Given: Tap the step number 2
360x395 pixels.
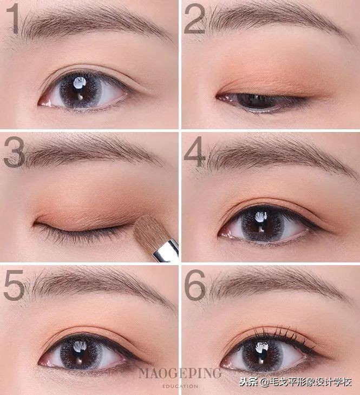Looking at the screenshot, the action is [x=194, y=19].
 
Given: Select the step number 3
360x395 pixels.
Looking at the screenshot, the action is [x=14, y=153].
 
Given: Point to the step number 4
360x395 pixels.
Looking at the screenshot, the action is [x=194, y=152].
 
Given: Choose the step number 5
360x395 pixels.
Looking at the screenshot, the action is [x=14, y=285].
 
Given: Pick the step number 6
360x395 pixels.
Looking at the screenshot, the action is [x=195, y=285].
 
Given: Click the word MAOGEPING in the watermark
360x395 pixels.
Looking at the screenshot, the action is [x=180, y=373].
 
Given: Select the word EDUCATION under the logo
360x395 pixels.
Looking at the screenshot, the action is [x=180, y=386].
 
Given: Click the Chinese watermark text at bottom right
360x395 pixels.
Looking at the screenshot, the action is [x=295, y=382].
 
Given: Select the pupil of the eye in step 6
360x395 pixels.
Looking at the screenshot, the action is [x=262, y=355].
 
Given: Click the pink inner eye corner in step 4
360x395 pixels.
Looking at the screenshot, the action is [x=226, y=234].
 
